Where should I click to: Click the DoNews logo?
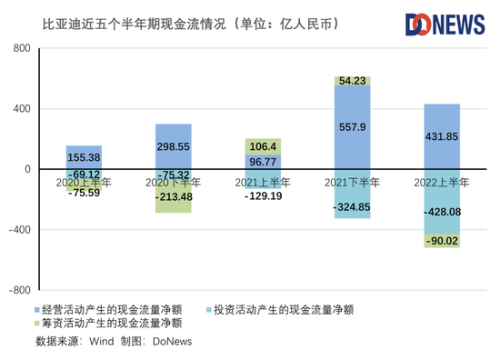click(x=445, y=25)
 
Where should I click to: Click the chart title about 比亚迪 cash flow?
click(x=191, y=25)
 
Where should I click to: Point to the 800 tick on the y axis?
click(x=22, y=48)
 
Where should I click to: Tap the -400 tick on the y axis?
click(x=20, y=230)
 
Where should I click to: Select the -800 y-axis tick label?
click(x=20, y=290)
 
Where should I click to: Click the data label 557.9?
click(x=353, y=127)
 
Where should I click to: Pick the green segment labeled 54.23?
click(x=353, y=81)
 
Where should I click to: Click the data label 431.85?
click(x=442, y=136)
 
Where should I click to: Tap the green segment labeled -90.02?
click(x=442, y=241)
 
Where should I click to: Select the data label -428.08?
click(x=443, y=212)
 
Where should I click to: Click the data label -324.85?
click(x=352, y=207)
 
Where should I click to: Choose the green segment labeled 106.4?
click(x=263, y=146)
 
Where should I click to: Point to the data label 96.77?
click(x=263, y=162)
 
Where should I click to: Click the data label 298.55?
click(x=173, y=146)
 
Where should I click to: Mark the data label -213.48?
click(x=174, y=196)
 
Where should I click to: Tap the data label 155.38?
click(x=84, y=157)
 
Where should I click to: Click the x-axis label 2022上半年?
click(x=442, y=183)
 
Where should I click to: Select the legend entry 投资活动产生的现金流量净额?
click(x=280, y=310)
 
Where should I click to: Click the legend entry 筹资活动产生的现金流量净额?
click(x=108, y=323)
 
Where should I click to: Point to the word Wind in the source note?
click(x=102, y=342)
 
